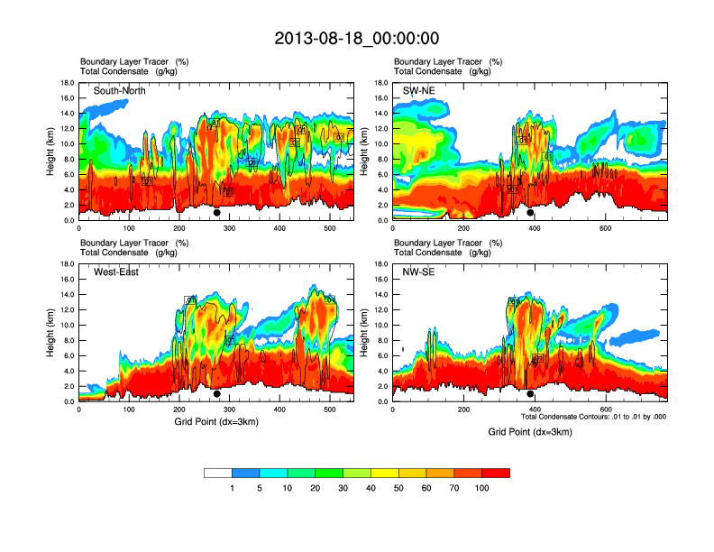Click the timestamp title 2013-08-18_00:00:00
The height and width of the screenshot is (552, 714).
click(x=356, y=38)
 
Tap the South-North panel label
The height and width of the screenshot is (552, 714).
click(x=120, y=91)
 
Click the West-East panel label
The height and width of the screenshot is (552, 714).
click(x=116, y=272)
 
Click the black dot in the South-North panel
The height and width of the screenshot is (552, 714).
click(x=216, y=213)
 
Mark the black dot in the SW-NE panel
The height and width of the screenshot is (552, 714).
click(x=530, y=213)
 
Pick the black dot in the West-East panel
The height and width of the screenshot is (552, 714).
click(x=216, y=394)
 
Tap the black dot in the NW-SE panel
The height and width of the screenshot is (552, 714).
click(x=530, y=394)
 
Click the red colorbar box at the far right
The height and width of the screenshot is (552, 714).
click(x=496, y=473)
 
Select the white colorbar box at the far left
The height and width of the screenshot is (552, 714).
click(x=218, y=473)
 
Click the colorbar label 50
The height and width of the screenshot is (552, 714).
click(x=398, y=488)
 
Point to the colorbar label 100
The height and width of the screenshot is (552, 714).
click(x=482, y=488)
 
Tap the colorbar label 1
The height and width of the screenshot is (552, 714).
click(x=232, y=488)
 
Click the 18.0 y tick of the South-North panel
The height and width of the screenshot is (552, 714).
click(x=67, y=83)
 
